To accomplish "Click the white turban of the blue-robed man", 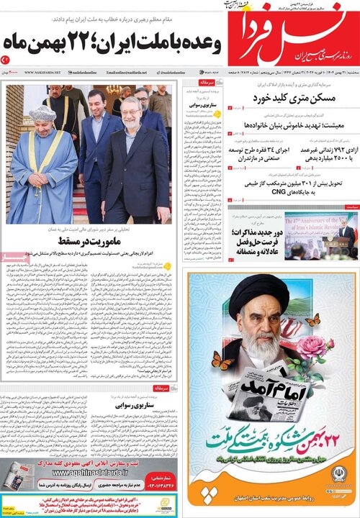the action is click(x=42, y=114).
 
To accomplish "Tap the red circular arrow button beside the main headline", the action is click(x=5, y=60).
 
